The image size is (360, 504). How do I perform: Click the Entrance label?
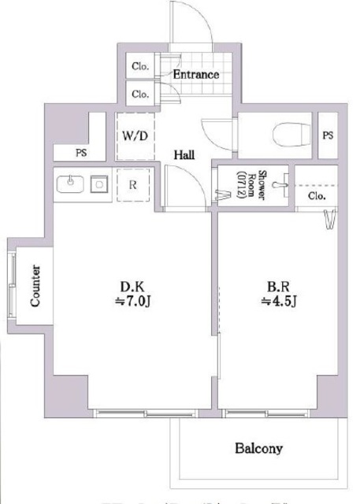click(195, 76)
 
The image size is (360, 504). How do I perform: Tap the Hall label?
click(184, 154)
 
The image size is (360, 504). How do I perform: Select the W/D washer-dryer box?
click(135, 135)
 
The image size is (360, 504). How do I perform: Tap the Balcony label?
click(258, 449)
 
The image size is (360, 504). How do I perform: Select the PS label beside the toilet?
click(328, 135)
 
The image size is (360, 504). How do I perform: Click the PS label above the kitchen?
click(80, 153)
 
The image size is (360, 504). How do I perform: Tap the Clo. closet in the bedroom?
click(317, 195)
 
